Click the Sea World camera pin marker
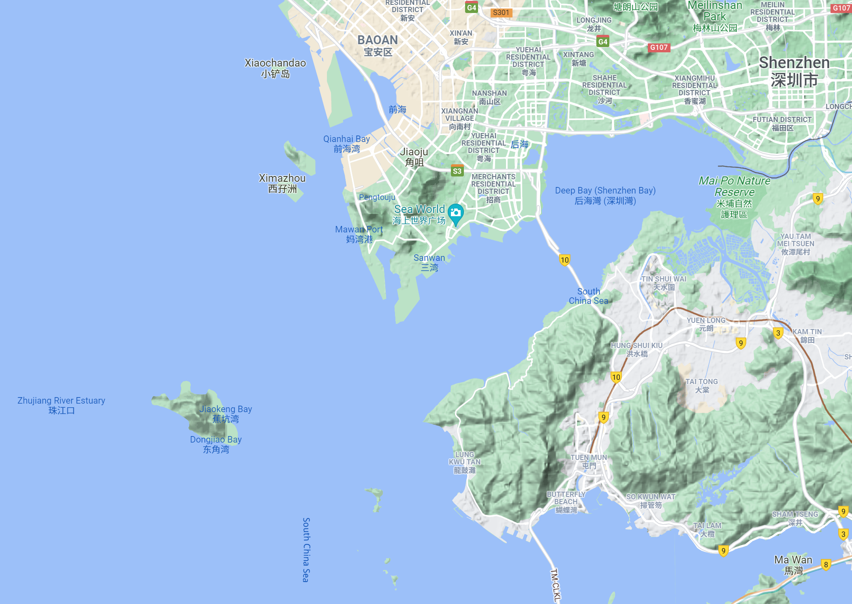(x=456, y=213)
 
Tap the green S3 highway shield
(x=457, y=171)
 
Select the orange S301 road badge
(x=501, y=13)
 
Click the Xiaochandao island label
(x=275, y=68)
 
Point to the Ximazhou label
(x=282, y=183)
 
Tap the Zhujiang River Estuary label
(x=61, y=405)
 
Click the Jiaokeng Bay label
(x=226, y=414)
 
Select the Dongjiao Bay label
(x=216, y=444)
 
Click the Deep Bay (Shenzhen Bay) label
(x=605, y=195)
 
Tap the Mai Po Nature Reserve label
(x=734, y=197)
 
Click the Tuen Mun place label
(x=589, y=461)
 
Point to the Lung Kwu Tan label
(x=465, y=462)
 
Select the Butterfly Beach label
(x=566, y=502)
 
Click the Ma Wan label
(x=793, y=565)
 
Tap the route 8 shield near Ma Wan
(x=826, y=564)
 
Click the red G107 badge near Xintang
(x=659, y=47)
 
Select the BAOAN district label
(x=378, y=45)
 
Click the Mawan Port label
(x=359, y=234)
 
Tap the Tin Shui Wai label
(x=664, y=283)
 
